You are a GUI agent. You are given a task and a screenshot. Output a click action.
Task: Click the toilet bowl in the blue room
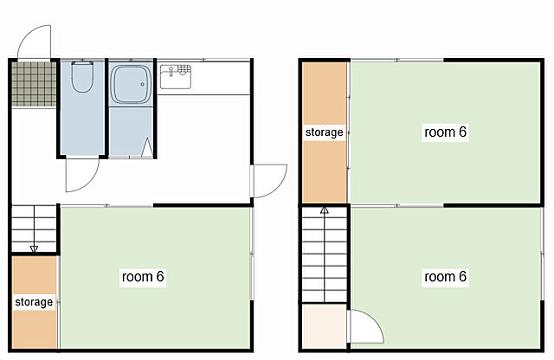[x=82, y=78]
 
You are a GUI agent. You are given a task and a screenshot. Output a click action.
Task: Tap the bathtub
[x=131, y=85]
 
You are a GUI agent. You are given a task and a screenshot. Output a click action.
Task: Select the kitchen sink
[x=176, y=76]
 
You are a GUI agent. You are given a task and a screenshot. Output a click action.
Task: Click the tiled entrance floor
[x=34, y=84]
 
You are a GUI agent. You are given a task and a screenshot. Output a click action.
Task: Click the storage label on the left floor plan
[x=34, y=302]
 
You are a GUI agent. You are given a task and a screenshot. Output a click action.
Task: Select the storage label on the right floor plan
[x=325, y=132]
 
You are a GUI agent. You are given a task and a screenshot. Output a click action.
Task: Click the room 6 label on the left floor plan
[x=143, y=276]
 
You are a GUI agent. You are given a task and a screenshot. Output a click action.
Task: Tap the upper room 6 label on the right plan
[x=445, y=132]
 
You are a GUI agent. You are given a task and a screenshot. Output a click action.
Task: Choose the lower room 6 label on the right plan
[x=445, y=276]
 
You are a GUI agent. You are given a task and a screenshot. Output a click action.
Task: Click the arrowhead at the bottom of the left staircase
[x=34, y=249]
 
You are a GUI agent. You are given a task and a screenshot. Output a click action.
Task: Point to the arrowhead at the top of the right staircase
[x=325, y=210]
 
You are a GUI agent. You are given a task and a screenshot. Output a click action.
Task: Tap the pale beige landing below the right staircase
[x=325, y=326]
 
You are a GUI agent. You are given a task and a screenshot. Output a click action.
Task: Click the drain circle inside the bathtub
[x=143, y=85]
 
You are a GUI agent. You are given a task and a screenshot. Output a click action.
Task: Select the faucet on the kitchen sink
[x=171, y=72]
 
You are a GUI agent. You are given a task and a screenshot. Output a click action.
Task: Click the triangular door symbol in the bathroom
[x=147, y=148]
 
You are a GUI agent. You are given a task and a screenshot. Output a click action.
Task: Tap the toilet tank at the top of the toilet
[x=82, y=63]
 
